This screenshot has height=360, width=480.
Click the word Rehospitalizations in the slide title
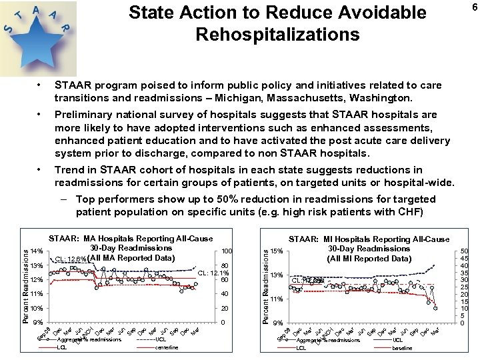(277, 34)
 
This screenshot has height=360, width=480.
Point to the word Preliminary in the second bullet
(85, 114)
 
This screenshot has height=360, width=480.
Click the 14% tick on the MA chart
(37, 251)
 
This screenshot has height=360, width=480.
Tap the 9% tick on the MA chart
(39, 323)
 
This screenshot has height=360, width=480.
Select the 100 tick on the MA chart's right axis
(227, 251)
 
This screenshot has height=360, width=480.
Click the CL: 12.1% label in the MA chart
(214, 272)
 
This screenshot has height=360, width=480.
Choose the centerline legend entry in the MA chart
(167, 347)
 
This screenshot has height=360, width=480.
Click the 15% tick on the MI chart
(277, 251)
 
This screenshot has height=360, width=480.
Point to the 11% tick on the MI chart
(277, 299)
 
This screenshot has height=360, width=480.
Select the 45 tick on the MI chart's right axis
(464, 258)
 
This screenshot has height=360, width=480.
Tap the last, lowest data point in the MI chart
(436, 308)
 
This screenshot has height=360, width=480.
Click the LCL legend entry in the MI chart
(301, 347)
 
